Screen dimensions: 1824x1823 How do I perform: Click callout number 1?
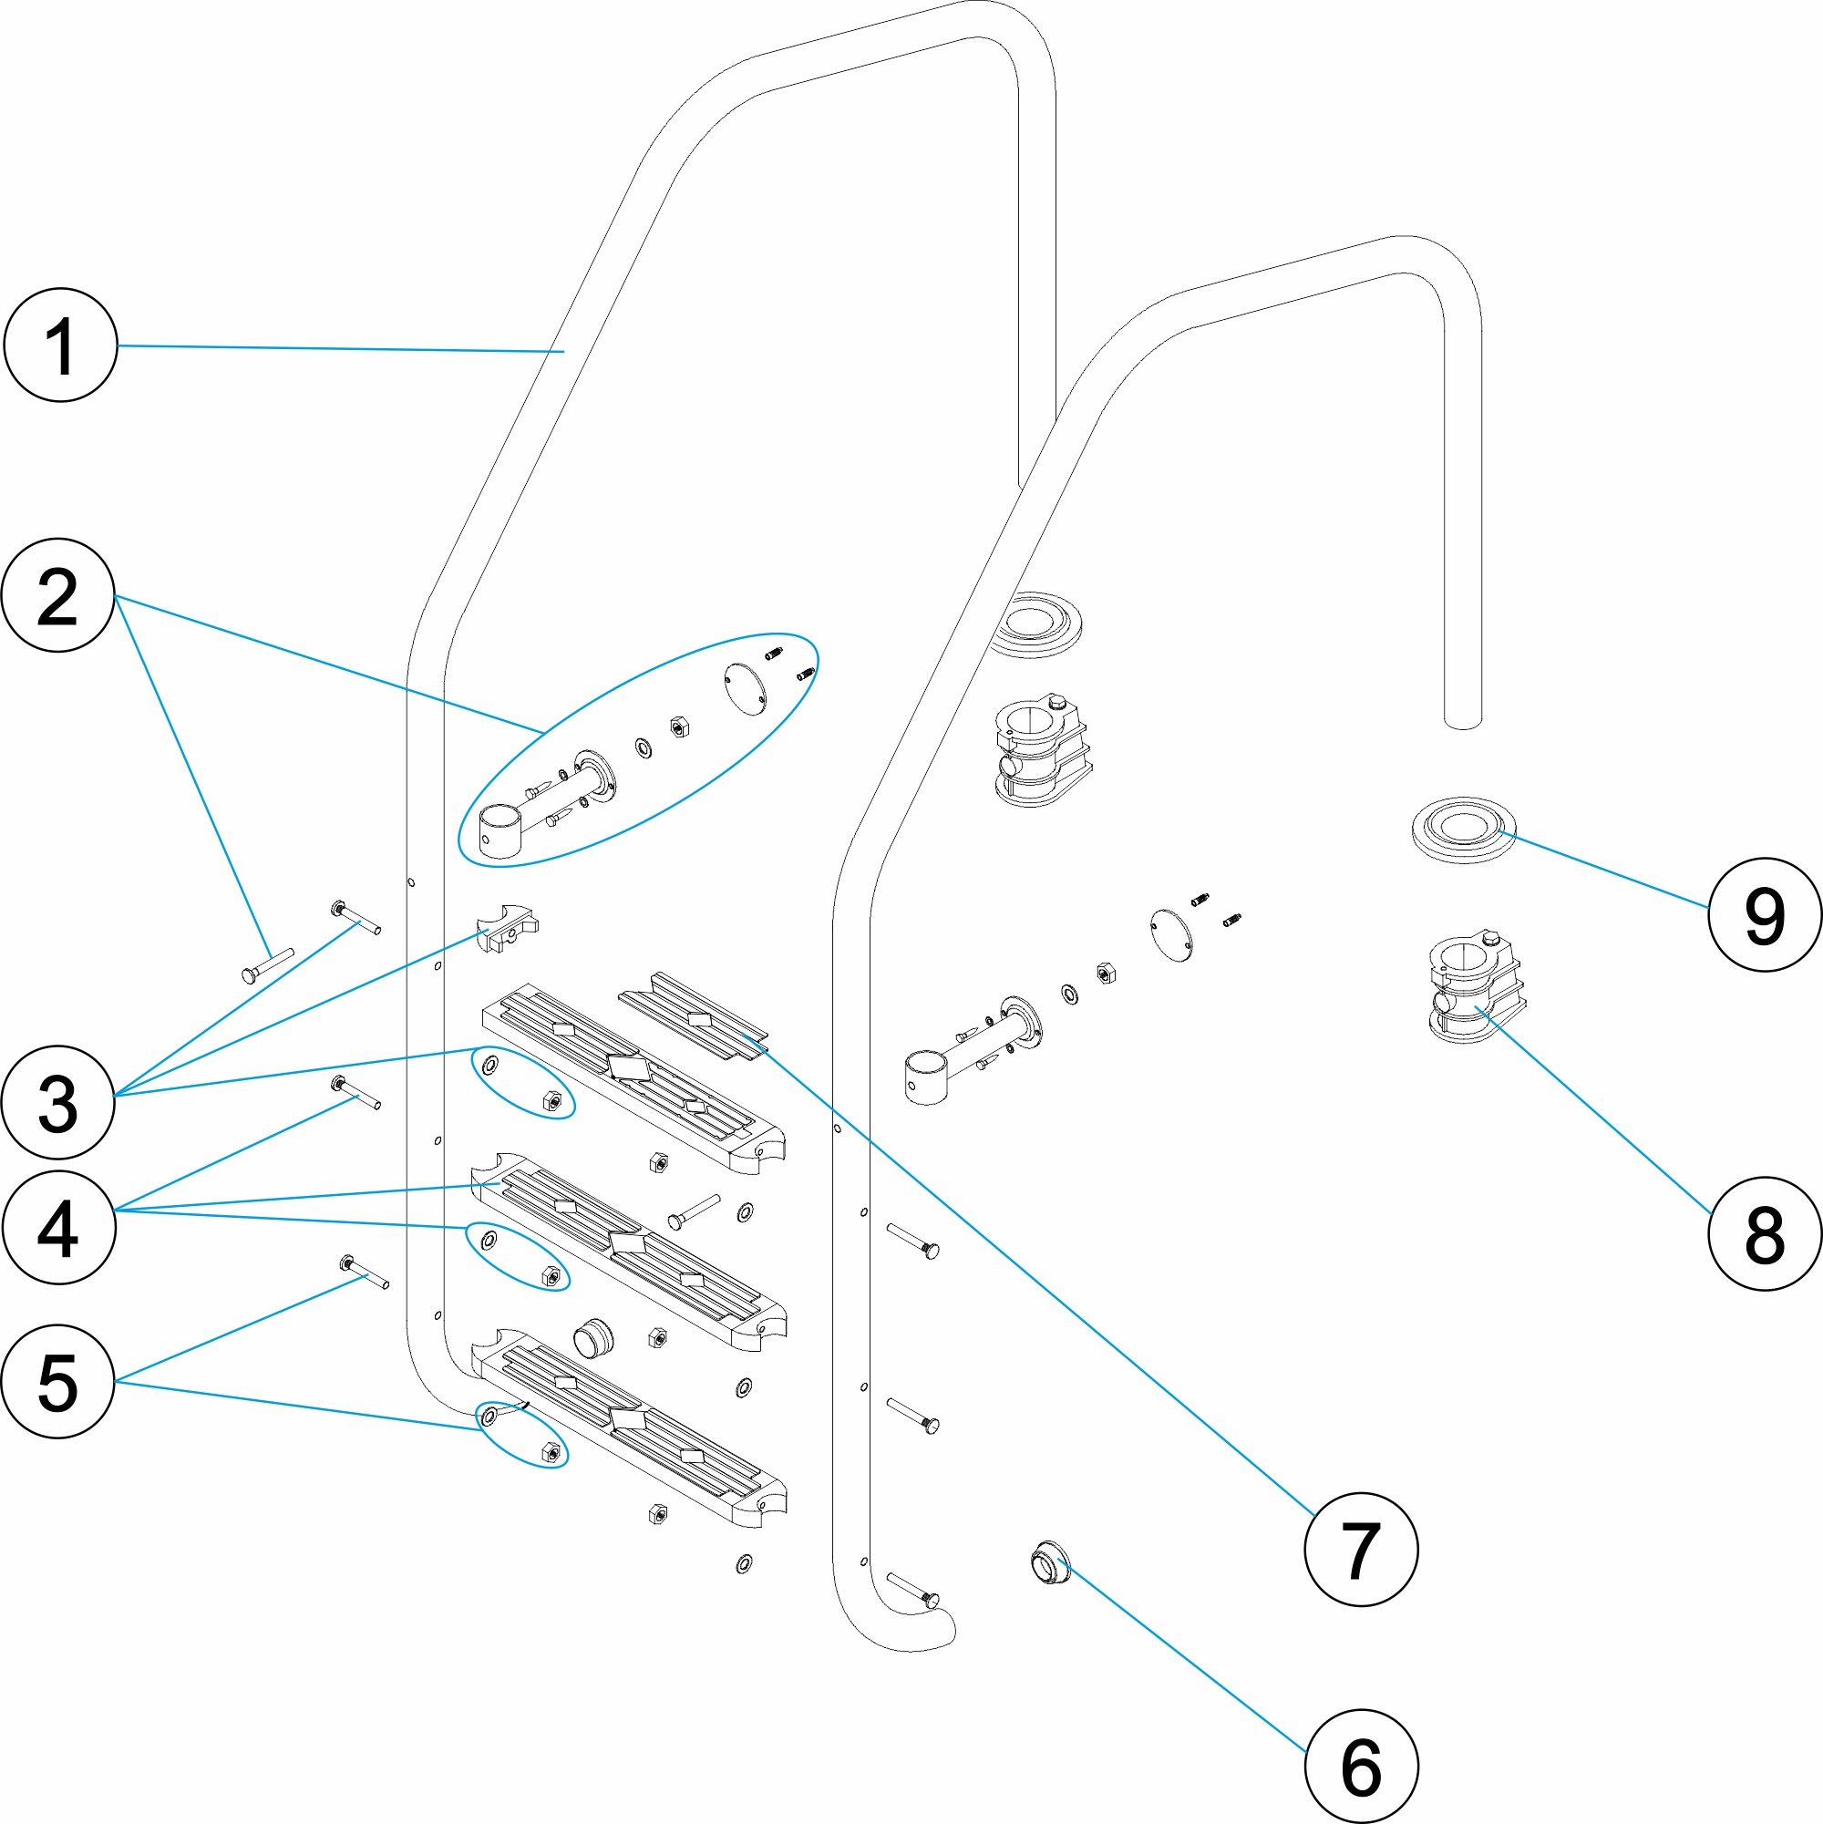tap(60, 345)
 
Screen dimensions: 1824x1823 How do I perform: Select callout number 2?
tap(58, 596)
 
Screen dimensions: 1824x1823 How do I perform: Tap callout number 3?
tap(58, 1102)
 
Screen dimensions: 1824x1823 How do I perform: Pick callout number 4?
tap(58, 1227)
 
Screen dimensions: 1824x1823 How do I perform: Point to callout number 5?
tap(58, 1381)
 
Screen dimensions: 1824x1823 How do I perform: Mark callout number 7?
tap(1360, 1550)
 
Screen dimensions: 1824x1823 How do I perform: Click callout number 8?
tap(1765, 1233)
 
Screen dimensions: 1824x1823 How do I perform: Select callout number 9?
tap(1765, 914)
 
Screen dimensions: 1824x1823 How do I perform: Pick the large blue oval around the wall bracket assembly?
tap(638, 748)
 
